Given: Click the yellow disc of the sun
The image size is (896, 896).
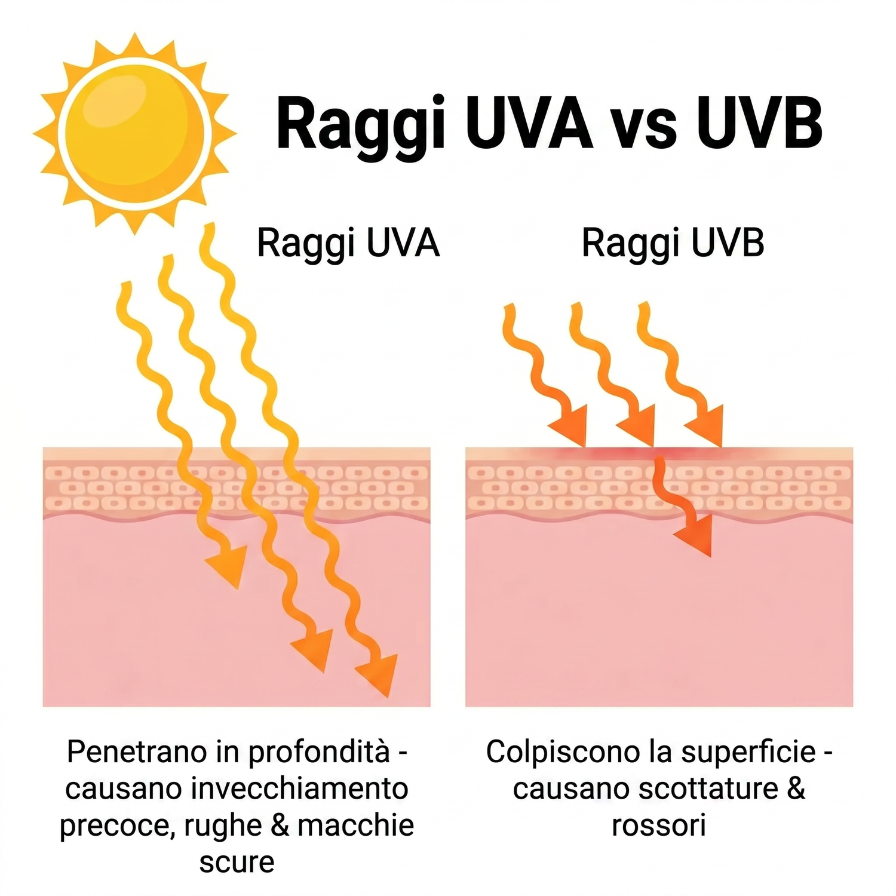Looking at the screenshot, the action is [x=135, y=132].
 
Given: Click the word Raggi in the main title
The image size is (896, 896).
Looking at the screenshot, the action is [x=361, y=126].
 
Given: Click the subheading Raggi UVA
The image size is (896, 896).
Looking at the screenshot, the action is [x=348, y=244].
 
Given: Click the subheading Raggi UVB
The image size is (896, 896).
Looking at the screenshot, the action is [x=673, y=244].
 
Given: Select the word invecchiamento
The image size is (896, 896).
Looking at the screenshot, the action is [x=299, y=788].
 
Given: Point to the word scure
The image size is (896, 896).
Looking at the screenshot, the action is [x=237, y=863].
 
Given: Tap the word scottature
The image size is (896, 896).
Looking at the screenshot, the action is [x=708, y=788].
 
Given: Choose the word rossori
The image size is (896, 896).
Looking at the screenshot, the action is [x=659, y=826].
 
